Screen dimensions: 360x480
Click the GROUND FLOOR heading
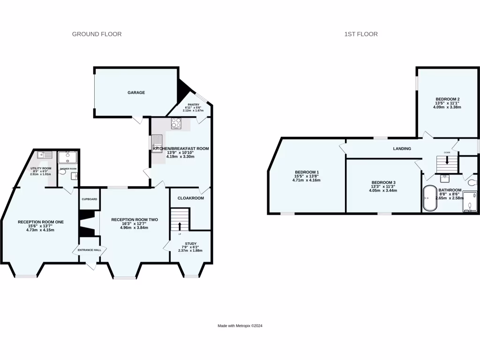click(97, 34)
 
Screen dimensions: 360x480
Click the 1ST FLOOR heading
click(361, 34)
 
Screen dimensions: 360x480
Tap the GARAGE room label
click(136, 93)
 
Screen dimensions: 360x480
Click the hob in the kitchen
click(177, 123)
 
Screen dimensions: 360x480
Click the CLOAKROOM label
click(190, 198)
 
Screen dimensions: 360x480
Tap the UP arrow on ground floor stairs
click(180, 227)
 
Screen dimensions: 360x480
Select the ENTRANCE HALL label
click(89, 251)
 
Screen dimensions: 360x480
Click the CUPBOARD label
click(89, 199)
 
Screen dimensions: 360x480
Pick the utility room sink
click(46, 155)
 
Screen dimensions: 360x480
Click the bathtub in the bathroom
click(429, 200)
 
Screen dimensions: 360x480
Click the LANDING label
click(402, 149)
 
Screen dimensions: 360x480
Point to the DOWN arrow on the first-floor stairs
click(447, 160)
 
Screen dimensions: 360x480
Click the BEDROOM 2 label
click(447, 99)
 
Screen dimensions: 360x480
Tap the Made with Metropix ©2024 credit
click(240, 326)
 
